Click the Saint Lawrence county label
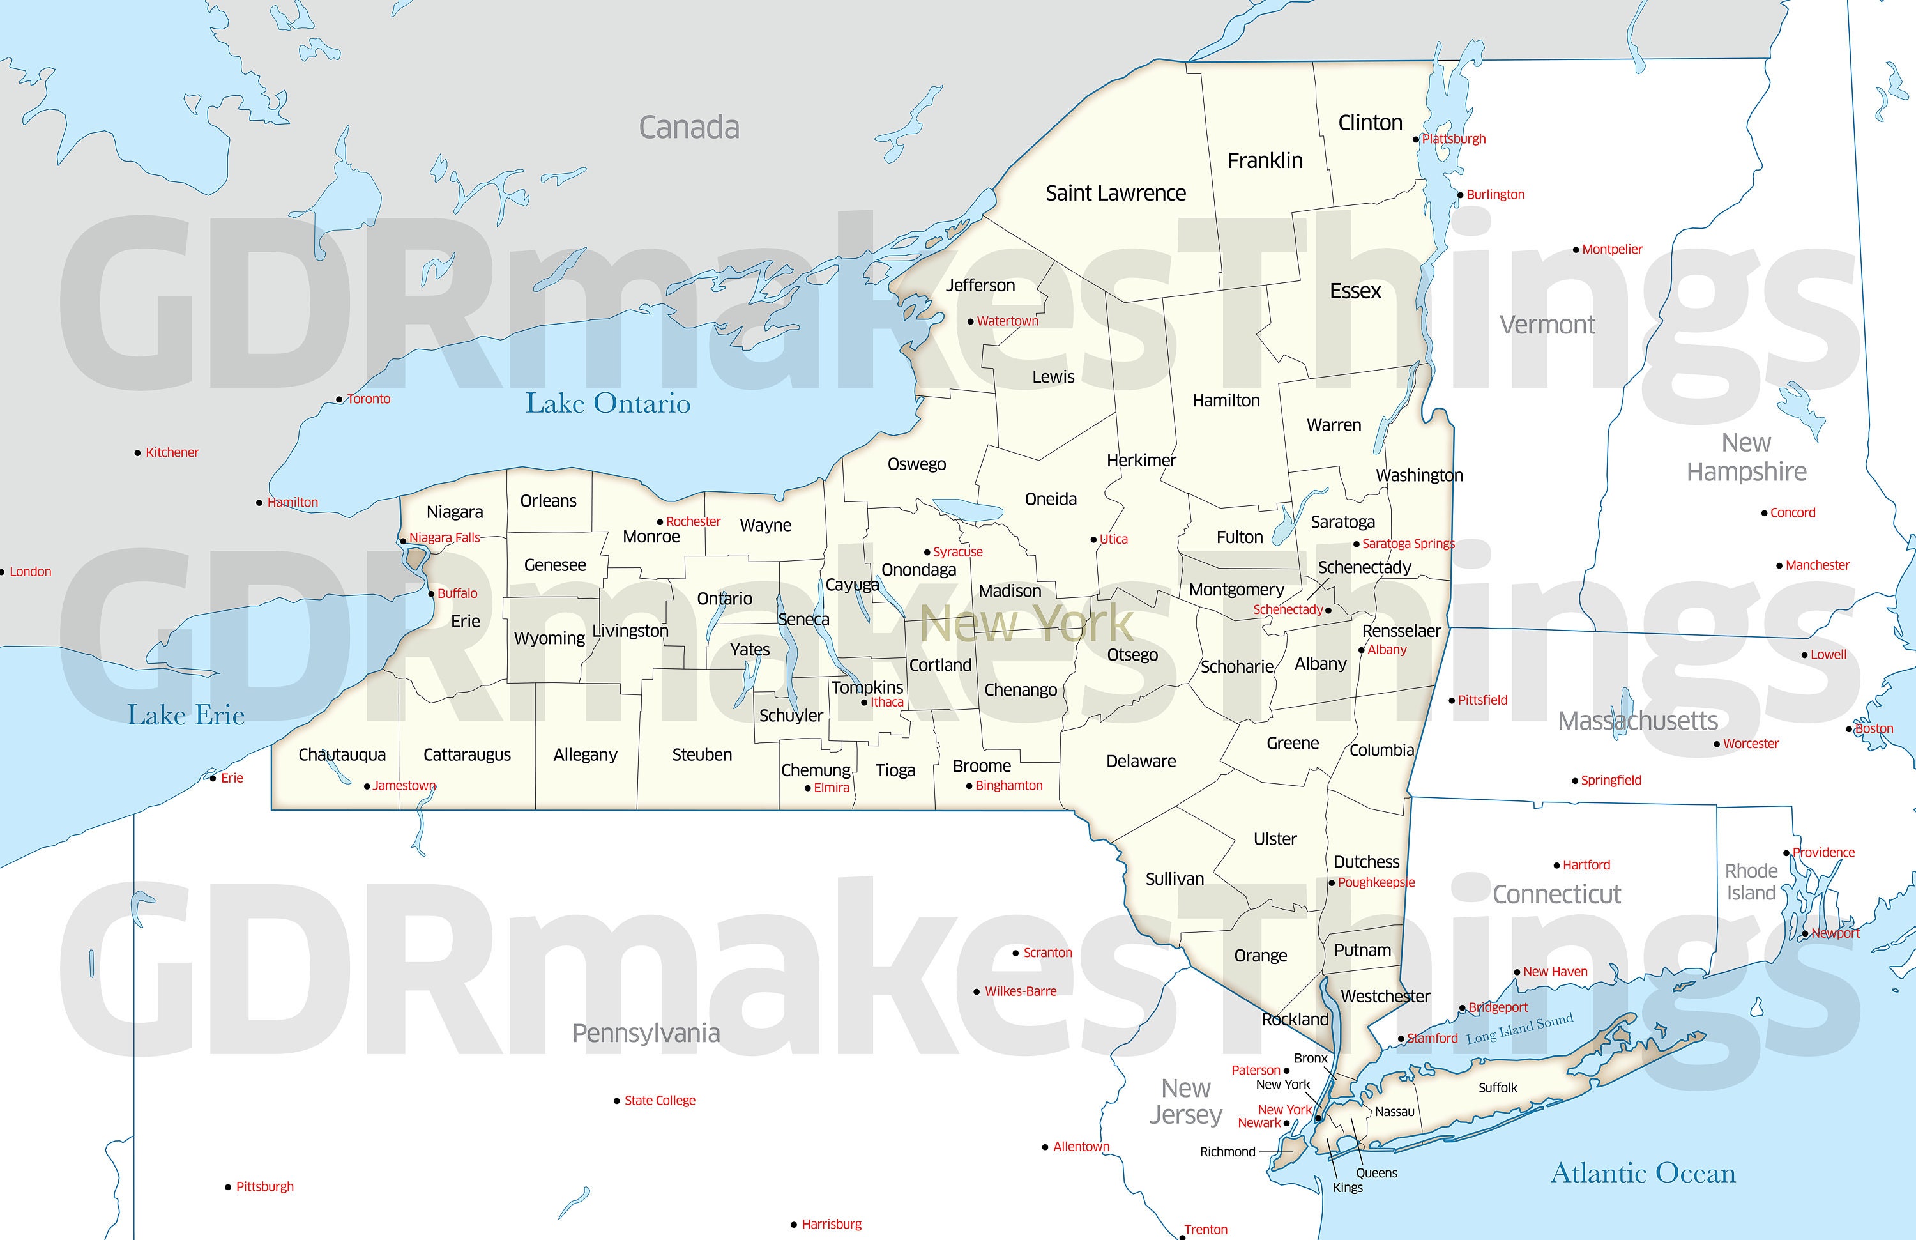[x=1115, y=193]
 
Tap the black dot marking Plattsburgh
[x=1416, y=139]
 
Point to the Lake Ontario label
[x=608, y=403]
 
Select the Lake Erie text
[x=186, y=715]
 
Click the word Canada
[x=688, y=127]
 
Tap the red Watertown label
[x=1007, y=321]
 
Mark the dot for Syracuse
[x=927, y=553]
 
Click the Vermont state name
[x=1547, y=325]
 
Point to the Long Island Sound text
[x=1519, y=1029]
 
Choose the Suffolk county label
[x=1498, y=1088]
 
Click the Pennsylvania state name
[x=646, y=1033]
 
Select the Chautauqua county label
[x=342, y=755]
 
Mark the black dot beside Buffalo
[x=432, y=594]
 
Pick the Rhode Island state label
[x=1751, y=882]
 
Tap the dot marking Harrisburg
[x=794, y=1225]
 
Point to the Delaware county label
[x=1141, y=762]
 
